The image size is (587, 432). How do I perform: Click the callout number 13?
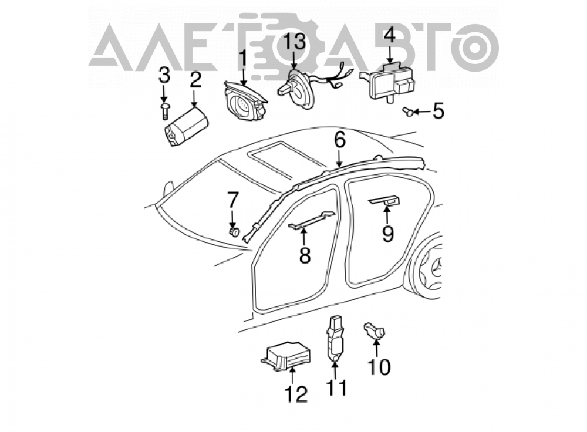pyautogui.click(x=294, y=42)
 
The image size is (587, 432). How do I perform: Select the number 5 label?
pyautogui.click(x=438, y=111)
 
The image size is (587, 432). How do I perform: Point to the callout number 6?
pyautogui.click(x=339, y=140)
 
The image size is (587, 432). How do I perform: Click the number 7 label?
pyautogui.click(x=233, y=200)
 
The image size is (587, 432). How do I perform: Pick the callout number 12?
pyautogui.click(x=296, y=394)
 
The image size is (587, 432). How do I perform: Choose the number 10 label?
pyautogui.click(x=379, y=367)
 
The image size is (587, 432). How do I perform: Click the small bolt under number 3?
pyautogui.click(x=165, y=111)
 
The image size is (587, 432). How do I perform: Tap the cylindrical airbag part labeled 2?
pyautogui.click(x=185, y=126)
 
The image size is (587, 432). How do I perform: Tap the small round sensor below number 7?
pyautogui.click(x=234, y=232)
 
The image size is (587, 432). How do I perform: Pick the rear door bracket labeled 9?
pyautogui.click(x=384, y=201)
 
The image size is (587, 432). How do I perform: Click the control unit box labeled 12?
pyautogui.click(x=286, y=356)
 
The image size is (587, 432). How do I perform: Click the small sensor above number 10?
pyautogui.click(x=375, y=330)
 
